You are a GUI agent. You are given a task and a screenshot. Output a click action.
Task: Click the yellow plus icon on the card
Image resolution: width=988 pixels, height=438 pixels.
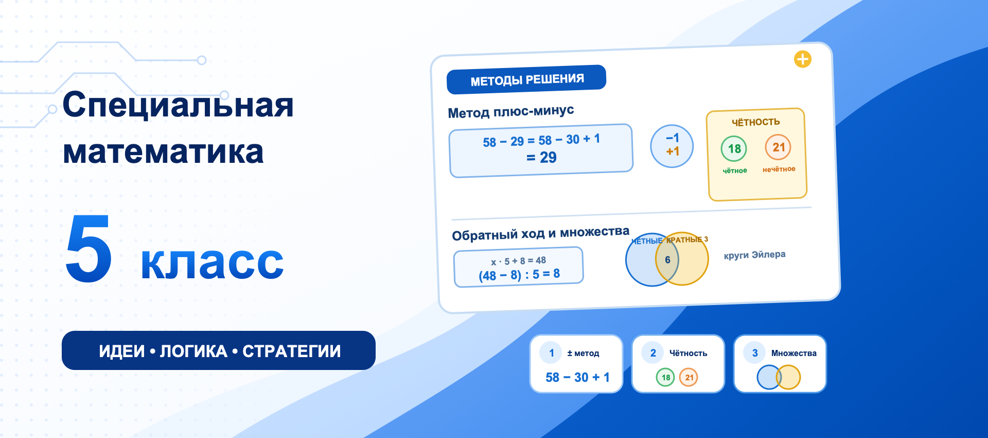803,59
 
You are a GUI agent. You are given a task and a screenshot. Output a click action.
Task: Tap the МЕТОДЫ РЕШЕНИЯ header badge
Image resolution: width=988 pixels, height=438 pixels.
526,80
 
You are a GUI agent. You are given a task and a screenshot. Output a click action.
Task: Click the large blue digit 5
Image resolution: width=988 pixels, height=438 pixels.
89,248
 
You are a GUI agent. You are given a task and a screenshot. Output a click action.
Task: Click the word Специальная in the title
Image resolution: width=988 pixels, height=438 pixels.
178,105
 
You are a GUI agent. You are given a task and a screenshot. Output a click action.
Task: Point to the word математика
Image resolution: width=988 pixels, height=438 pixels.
163,152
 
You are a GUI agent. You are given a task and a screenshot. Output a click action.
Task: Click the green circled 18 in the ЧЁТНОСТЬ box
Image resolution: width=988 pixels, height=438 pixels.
734,149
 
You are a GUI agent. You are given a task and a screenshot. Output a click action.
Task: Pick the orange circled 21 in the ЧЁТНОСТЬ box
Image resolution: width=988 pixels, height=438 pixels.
778,147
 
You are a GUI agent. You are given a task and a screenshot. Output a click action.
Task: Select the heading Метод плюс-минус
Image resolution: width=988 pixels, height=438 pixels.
510,111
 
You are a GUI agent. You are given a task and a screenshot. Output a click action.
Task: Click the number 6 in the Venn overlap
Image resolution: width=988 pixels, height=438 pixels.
667,260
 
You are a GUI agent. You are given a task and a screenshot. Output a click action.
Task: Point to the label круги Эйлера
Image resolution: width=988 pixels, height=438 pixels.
755,255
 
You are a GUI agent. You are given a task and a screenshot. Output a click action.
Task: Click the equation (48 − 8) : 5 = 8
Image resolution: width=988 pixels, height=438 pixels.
519,275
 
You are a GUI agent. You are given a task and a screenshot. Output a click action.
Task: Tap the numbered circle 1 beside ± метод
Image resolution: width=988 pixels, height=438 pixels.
552,353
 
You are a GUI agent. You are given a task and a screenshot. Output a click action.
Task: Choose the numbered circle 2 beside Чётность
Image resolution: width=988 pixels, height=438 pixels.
653,353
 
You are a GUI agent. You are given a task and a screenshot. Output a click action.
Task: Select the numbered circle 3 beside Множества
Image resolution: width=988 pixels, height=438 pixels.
755,353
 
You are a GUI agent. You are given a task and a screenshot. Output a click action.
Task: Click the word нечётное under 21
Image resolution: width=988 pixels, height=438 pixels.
779,169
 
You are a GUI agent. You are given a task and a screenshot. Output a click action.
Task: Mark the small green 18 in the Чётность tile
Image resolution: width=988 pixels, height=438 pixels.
666,377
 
